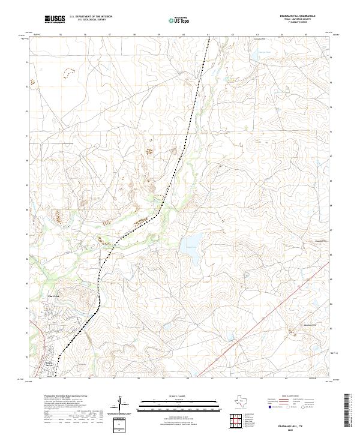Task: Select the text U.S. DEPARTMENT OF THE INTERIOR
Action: [91, 17]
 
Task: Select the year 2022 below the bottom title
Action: [298, 430]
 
